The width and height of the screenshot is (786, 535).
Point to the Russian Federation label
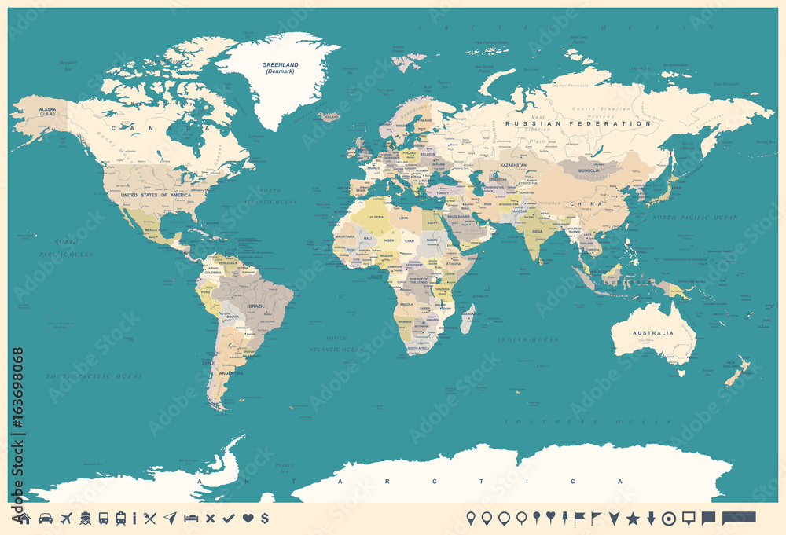[578, 123]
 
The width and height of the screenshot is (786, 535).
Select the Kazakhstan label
[514, 166]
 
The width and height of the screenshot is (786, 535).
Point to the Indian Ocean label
[528, 339]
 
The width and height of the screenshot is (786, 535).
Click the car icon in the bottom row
[45, 519]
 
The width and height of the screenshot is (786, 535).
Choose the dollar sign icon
[265, 519]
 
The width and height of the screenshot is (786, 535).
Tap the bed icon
[191, 519]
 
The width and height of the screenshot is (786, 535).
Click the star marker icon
[633, 519]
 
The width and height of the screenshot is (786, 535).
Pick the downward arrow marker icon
[651, 519]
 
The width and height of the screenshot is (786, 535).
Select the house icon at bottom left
[23, 519]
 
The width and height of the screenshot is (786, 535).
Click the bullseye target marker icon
[669, 519]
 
